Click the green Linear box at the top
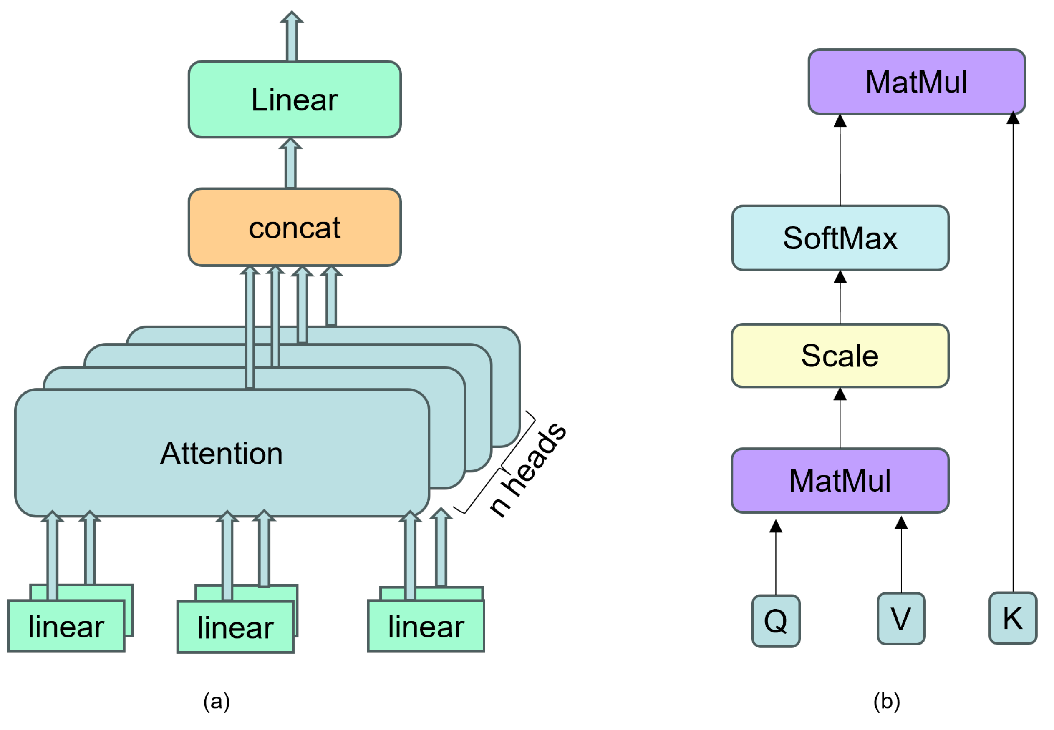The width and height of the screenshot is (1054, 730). coord(294,99)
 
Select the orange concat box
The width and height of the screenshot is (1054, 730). coord(294,227)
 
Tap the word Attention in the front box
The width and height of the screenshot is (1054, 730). coord(222,453)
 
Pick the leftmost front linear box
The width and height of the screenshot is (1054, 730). coord(66,626)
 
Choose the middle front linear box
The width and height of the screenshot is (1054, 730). coord(235,627)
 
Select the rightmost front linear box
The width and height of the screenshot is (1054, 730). coord(426,626)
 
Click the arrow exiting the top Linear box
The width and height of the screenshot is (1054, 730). coord(292,37)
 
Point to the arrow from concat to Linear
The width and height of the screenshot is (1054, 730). coord(290,163)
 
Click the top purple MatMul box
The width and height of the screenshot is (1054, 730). coord(916,82)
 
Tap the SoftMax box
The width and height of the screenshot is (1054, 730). coord(840,238)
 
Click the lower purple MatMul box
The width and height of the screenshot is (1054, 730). coord(840,480)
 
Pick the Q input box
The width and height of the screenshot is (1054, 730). coord(776,621)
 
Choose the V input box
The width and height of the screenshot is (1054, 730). coord(901,618)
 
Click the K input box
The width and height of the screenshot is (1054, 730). coord(1012,618)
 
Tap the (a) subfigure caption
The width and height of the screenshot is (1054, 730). coord(217,701)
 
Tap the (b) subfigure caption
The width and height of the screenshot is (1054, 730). coord(887,701)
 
